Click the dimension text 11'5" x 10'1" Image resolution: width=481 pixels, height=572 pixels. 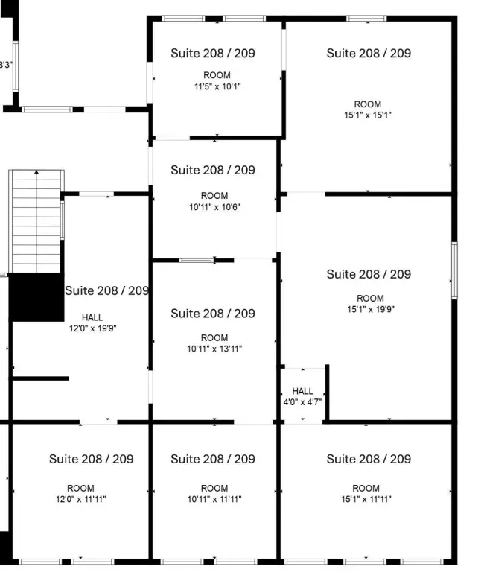[x=217, y=86]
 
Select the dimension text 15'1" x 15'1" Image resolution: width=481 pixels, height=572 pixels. [x=368, y=115]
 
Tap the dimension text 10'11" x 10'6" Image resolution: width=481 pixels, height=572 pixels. [x=214, y=207]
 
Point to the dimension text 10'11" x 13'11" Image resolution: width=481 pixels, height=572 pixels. [x=214, y=349]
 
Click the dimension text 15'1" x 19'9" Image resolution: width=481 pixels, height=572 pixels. [x=371, y=309]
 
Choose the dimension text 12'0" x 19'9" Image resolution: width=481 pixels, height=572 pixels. [x=92, y=328]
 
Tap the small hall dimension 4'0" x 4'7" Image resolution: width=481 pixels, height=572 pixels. [x=302, y=402]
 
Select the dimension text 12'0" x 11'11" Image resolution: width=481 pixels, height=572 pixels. [x=80, y=499]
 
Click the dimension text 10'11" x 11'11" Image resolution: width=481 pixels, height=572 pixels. [x=214, y=499]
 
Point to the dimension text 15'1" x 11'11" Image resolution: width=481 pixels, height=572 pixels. [x=366, y=499]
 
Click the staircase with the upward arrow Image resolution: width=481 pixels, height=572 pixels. [x=36, y=221]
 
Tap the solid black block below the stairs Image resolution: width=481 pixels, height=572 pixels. [x=36, y=297]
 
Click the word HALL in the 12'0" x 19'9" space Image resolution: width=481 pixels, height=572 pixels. [x=92, y=317]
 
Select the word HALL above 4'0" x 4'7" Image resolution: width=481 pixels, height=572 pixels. [x=303, y=391]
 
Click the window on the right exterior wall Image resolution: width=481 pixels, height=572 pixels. [x=454, y=270]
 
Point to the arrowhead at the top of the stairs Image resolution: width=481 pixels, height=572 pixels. [x=36, y=172]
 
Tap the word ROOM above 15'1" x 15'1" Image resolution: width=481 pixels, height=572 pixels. [x=368, y=104]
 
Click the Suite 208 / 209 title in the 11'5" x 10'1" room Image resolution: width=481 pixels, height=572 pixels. [x=213, y=54]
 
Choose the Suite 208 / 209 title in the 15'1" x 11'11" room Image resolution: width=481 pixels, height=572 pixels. [x=369, y=459]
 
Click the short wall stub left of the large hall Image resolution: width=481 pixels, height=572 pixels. [x=40, y=378]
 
